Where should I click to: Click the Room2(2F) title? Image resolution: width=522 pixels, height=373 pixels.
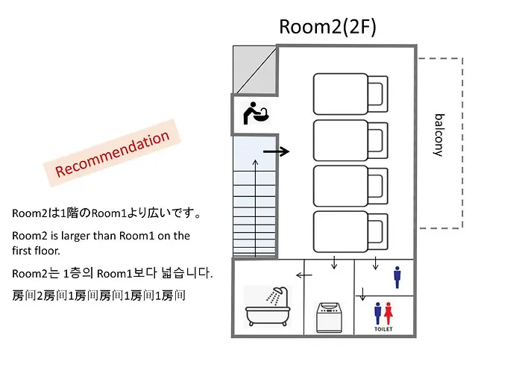(327, 27)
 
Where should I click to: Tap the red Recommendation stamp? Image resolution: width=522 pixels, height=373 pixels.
(112, 153)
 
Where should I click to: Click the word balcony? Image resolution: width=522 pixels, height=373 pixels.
(439, 135)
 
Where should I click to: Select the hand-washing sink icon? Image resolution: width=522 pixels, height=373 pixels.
(255, 113)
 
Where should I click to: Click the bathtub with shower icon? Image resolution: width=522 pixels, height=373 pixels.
(268, 307)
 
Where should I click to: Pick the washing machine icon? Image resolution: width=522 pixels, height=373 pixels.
(329, 317)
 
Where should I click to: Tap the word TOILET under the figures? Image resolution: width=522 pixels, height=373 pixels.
(383, 329)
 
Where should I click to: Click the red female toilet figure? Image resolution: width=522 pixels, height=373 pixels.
(389, 313)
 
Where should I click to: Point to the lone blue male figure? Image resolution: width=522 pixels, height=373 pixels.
(397, 277)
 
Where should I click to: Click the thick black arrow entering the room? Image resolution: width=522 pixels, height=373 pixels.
(276, 151)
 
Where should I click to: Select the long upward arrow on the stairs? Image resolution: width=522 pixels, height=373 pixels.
(255, 208)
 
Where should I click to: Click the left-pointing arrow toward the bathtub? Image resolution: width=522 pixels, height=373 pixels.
(304, 275)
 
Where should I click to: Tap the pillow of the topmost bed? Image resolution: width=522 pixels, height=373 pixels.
(377, 94)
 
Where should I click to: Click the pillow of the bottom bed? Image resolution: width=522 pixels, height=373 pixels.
(377, 232)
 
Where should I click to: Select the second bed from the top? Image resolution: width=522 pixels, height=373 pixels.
(350, 140)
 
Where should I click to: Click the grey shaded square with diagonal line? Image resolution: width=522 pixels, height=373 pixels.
(255, 69)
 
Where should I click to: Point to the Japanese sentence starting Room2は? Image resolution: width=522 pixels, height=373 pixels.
(107, 213)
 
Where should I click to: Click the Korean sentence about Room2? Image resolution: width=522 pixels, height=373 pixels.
(112, 274)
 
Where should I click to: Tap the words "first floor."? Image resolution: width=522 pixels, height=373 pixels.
(36, 251)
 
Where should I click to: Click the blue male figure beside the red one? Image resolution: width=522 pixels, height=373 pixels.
(377, 313)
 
